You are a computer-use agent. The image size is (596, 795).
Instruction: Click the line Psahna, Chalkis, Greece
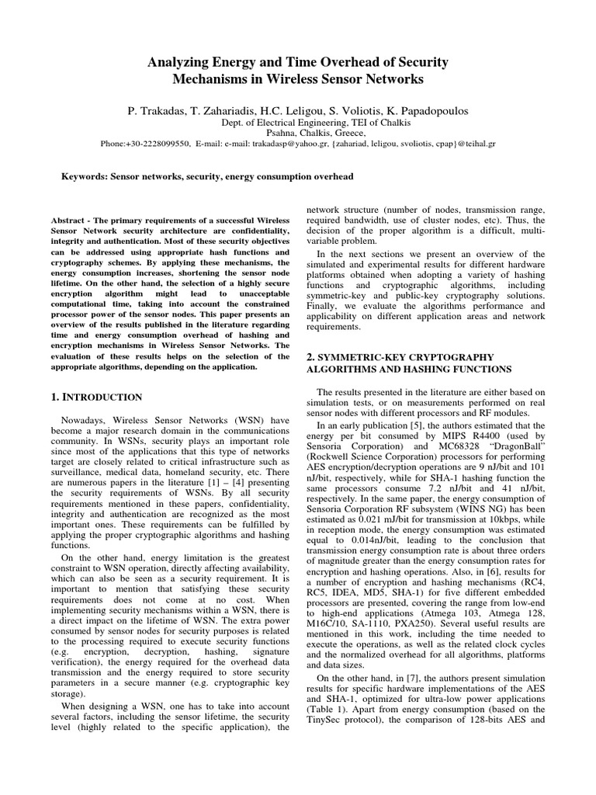[298, 134]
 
